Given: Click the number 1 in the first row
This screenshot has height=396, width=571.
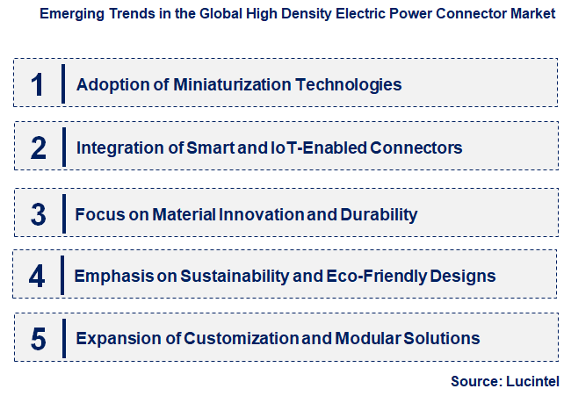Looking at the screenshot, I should tap(37, 84).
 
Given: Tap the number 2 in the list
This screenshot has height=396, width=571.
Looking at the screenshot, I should tap(38, 148).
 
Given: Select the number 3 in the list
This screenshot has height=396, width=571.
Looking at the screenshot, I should tap(38, 213).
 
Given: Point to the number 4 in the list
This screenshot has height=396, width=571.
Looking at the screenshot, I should tap(37, 276).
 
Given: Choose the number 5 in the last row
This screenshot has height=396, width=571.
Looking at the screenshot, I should tap(38, 338).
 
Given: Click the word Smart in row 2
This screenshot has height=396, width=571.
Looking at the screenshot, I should tap(210, 148).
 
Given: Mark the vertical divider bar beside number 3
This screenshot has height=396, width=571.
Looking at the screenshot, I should tap(63, 213).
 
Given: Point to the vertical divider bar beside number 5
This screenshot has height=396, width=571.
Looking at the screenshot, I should tap(63, 338).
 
